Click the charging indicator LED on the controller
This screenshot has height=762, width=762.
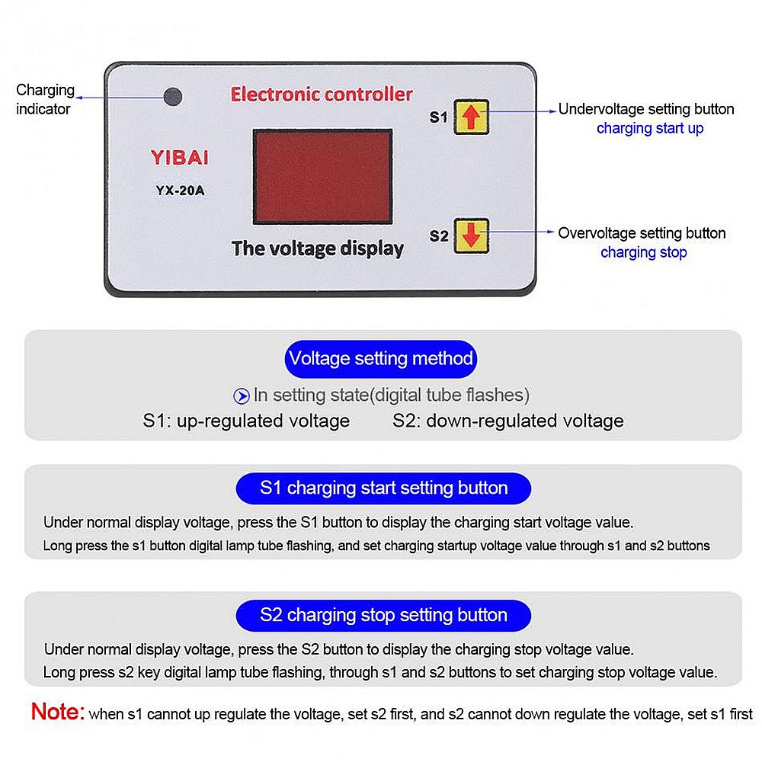[x=173, y=98]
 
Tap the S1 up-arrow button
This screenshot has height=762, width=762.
[x=472, y=117]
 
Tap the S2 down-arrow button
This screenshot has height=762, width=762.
[x=472, y=235]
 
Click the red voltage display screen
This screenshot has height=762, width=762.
[x=322, y=176]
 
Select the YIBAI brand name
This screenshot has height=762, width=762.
[x=179, y=158]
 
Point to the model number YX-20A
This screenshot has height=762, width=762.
[x=180, y=191]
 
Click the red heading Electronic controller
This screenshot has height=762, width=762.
[x=321, y=94]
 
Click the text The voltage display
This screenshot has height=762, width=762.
[x=317, y=248]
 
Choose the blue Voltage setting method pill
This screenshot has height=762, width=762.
[x=380, y=358]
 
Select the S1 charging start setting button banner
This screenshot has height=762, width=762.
[x=383, y=488]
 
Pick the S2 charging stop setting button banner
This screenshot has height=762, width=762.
[x=383, y=615]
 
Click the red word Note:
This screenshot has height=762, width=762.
[x=57, y=712]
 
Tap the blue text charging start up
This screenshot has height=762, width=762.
[x=649, y=128]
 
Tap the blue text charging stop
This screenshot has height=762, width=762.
[x=643, y=252]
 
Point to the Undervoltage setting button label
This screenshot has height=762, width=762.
[x=645, y=109]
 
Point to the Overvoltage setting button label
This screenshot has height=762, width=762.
[x=641, y=233]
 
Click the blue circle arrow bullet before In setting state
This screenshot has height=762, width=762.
[x=241, y=395]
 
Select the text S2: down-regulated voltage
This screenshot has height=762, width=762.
[x=507, y=421]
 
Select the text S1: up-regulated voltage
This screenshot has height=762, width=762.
[x=246, y=421]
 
